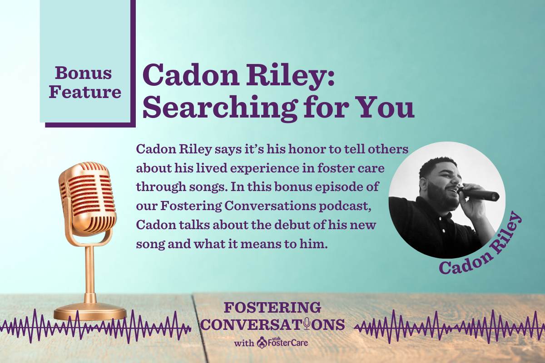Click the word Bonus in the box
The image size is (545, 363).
tap(83, 73)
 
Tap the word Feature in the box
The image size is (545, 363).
tap(85, 92)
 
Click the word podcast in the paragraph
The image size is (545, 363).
tap(345, 206)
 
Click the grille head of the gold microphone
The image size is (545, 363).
tap(87, 198)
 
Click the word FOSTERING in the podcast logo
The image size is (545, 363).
tap(272, 307)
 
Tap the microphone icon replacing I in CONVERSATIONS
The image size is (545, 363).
tap(307, 324)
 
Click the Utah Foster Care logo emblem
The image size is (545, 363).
tap(262, 343)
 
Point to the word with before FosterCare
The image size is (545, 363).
tap(244, 343)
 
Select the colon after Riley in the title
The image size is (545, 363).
tap(331, 78)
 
